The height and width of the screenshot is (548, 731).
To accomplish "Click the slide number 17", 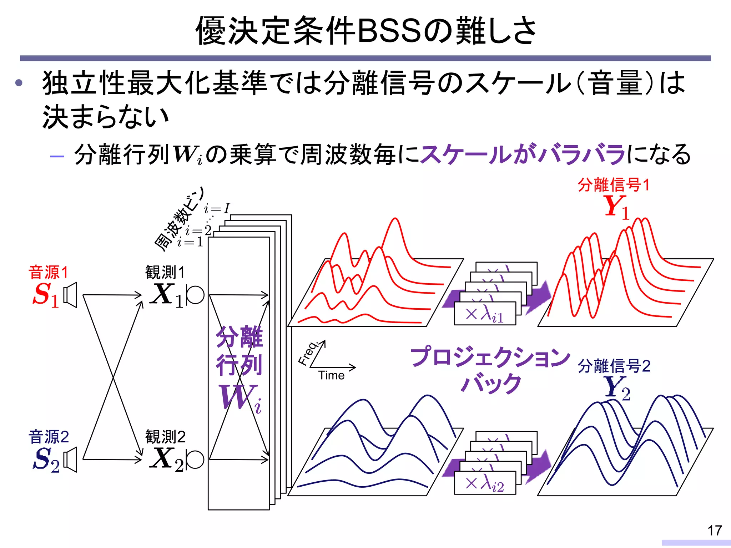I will (x=715, y=531).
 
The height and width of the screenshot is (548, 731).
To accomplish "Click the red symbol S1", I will (x=45, y=295).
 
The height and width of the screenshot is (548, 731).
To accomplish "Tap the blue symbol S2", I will (x=46, y=460).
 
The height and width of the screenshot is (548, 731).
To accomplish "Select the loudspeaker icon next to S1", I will (x=70, y=295).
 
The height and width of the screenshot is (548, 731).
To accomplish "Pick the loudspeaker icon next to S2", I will (x=70, y=460).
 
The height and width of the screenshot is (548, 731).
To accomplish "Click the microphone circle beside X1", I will (x=195, y=295).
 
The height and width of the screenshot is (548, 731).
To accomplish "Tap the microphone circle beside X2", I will (x=195, y=460).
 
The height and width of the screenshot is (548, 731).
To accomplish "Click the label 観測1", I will (x=165, y=273).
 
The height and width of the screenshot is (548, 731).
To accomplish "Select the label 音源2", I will (x=49, y=437).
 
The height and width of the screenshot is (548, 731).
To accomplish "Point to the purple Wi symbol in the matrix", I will (x=240, y=397).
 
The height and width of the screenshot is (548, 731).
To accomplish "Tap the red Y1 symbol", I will (x=616, y=207).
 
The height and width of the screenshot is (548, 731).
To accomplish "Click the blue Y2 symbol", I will (x=617, y=388).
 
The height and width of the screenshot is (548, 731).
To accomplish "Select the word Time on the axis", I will (x=331, y=375).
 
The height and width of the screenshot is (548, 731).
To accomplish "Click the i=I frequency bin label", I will (x=217, y=208).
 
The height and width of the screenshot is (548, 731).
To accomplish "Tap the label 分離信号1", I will (x=613, y=185).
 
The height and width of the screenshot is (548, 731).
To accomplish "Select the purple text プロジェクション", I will (x=490, y=357).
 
